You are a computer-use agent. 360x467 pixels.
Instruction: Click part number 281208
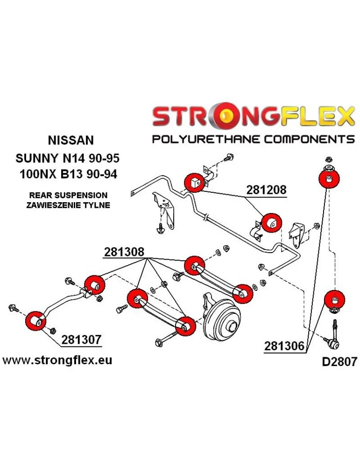pyautogui.click(x=266, y=190)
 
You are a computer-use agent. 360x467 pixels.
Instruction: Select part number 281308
pyautogui.click(x=124, y=253)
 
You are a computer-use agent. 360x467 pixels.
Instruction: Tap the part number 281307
pyautogui.click(x=80, y=340)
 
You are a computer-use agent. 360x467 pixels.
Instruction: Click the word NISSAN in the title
pyautogui.click(x=71, y=140)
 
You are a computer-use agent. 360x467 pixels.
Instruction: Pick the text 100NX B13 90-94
pyautogui.click(x=71, y=175)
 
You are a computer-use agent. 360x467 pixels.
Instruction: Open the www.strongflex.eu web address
pyautogui.click(x=57, y=360)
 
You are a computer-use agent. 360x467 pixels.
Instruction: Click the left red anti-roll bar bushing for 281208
pyautogui.click(x=194, y=183)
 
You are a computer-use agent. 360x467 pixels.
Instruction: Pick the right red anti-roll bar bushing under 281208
pyautogui.click(x=270, y=222)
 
